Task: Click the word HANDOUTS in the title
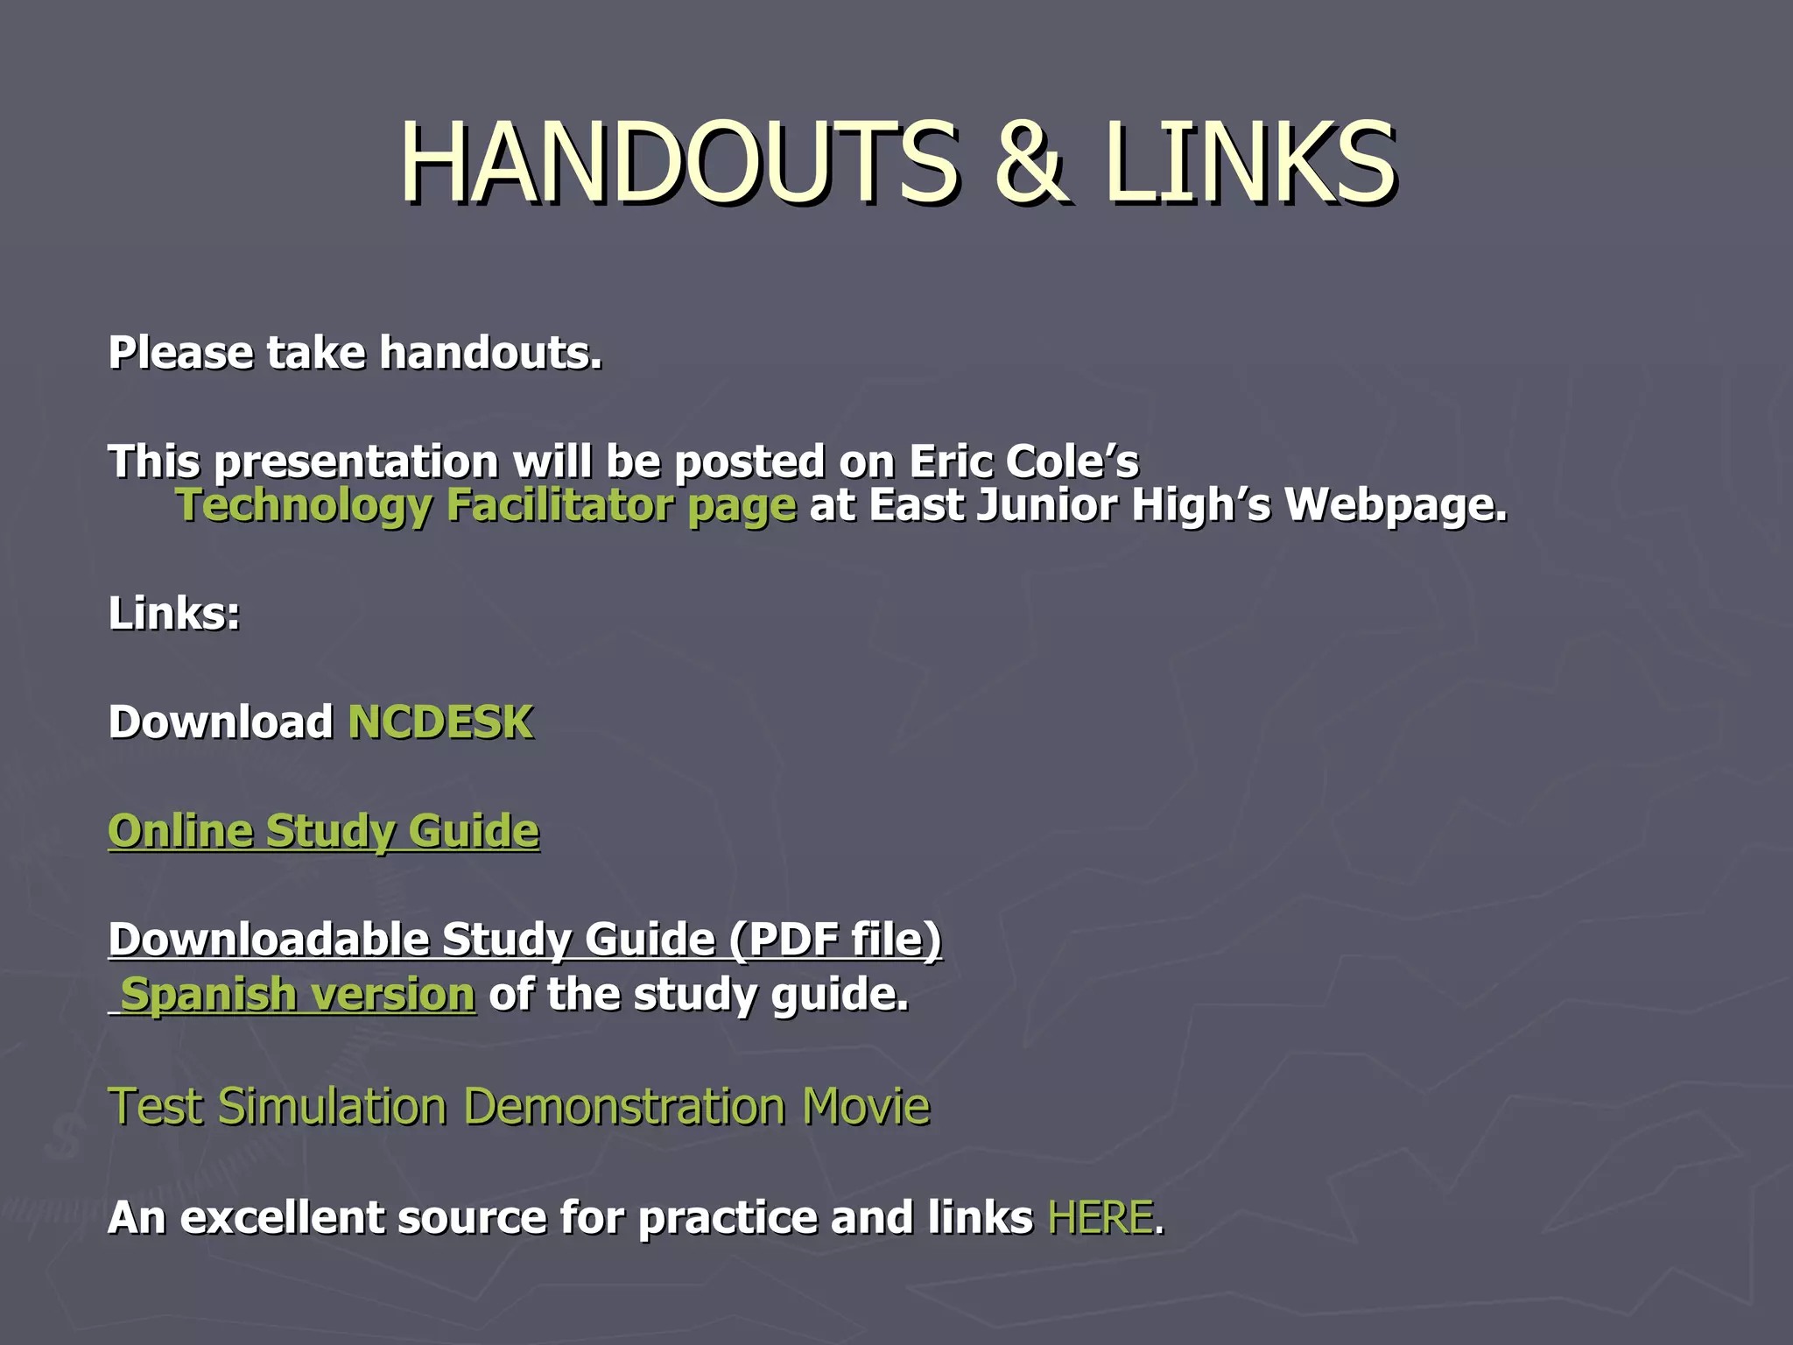679,163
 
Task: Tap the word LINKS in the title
1248,163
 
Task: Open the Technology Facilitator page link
486,506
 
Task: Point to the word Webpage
1396,506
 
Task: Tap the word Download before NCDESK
220,722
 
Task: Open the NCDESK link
440,722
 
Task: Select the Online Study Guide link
323,831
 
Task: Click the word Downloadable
268,940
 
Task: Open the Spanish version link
297,995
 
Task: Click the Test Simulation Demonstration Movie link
518,1106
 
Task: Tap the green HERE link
1100,1218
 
